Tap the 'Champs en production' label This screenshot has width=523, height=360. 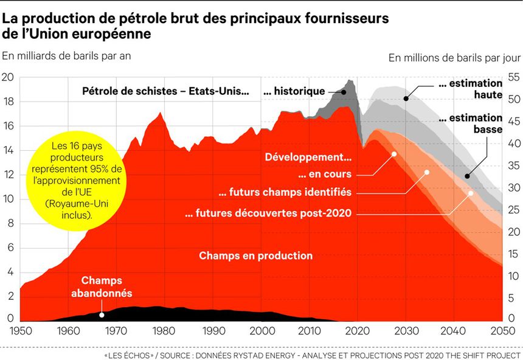pos(255,256)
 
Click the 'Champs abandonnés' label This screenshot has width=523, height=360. pos(102,286)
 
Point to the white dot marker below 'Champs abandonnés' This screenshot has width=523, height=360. pos(102,314)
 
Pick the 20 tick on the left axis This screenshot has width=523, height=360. pos(7,77)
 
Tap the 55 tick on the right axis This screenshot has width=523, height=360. pos(513,78)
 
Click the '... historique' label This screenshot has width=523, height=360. pos(294,92)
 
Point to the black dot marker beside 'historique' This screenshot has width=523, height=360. pos(344,92)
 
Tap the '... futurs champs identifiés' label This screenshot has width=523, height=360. pos(285,192)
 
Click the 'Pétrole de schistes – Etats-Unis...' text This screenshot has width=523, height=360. pos(165,92)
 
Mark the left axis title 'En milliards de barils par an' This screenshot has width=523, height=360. pos(67,55)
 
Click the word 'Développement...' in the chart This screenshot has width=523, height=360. pos(308,157)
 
